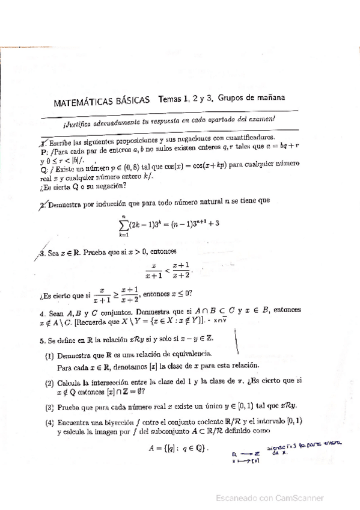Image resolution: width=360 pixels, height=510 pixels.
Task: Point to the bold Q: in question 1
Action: tap(42, 170)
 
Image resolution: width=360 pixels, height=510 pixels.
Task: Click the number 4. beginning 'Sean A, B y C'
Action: tap(41, 313)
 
